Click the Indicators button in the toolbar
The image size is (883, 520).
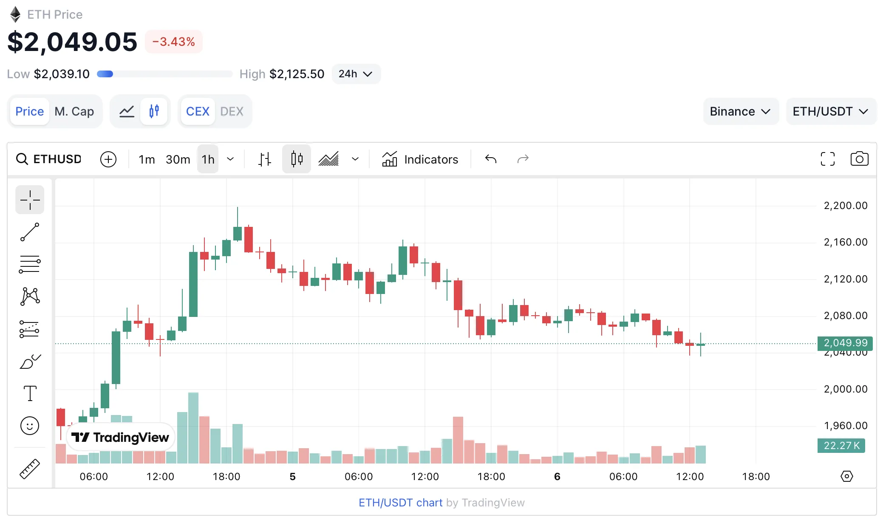420,159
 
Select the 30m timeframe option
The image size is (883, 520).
178,159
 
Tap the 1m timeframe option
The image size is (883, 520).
147,159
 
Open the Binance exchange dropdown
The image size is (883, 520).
740,111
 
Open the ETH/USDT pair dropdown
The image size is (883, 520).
830,111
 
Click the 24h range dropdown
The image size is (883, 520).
356,74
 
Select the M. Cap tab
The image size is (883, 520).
74,111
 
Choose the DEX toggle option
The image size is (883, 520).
232,111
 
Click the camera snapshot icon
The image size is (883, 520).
859,159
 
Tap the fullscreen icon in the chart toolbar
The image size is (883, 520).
827,159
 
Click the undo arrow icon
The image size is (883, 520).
491,159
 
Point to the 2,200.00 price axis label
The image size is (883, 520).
845,206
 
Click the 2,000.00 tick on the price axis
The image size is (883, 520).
845,389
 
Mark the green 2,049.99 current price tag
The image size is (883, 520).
845,343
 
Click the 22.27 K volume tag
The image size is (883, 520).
841,445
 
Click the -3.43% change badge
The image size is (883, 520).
173,42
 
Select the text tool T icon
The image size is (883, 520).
30,393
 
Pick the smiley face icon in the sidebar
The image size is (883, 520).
30,425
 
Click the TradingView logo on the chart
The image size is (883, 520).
120,437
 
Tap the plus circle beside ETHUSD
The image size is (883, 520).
108,159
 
